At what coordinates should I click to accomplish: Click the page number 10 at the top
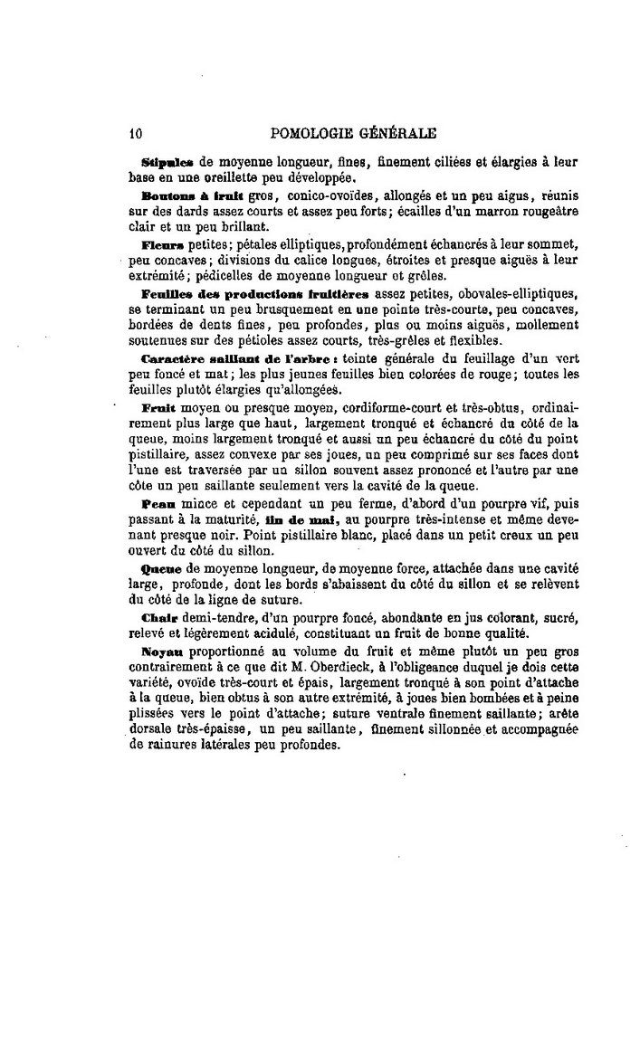[x=135, y=132]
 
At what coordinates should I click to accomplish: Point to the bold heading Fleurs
[x=163, y=245]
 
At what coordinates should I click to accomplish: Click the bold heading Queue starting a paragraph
[x=162, y=567]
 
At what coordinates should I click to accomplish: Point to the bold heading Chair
[x=159, y=617]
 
